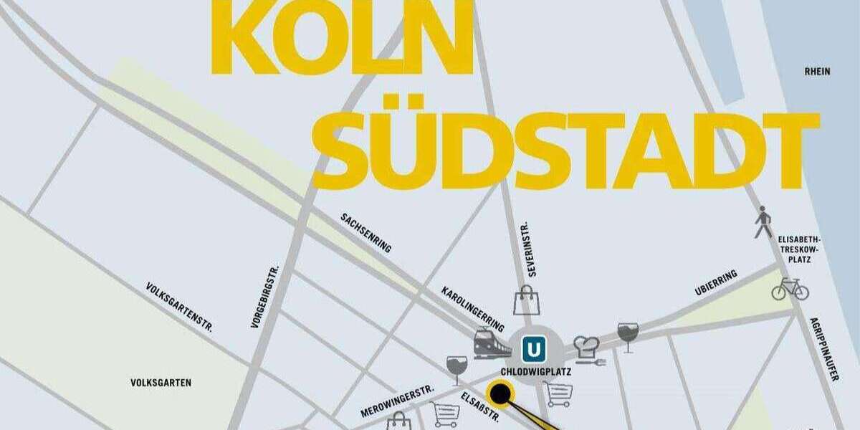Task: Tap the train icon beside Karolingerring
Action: coord(492,345)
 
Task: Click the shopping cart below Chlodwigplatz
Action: coord(558,394)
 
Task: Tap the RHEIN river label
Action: coord(817,71)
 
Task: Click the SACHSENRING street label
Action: coord(366,232)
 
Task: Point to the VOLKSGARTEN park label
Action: coord(161,383)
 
